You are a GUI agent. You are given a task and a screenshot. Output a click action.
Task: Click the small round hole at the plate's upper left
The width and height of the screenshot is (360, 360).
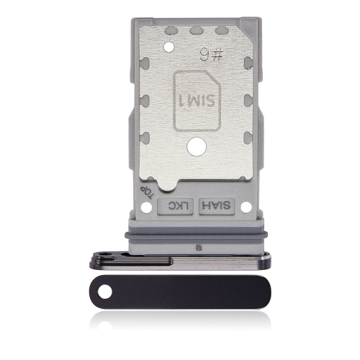169,48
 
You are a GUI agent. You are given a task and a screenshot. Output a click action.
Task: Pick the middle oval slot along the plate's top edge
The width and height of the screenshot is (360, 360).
195,31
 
